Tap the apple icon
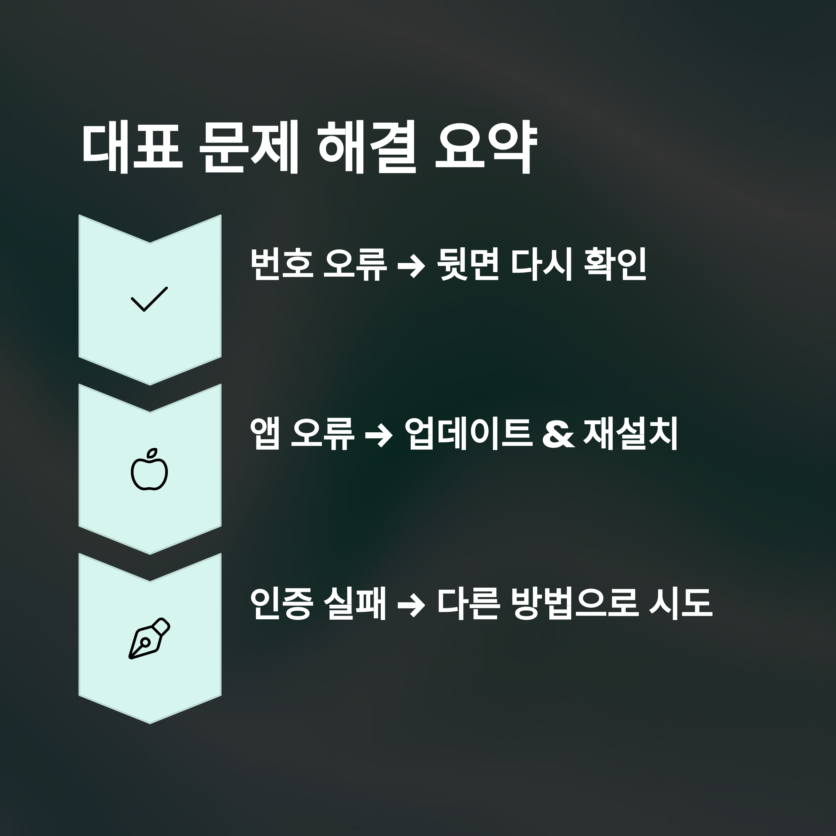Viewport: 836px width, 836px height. tap(149, 470)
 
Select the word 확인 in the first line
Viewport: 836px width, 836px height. tap(615, 264)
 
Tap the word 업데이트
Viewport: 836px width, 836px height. tap(468, 434)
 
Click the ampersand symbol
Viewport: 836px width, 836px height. tap(558, 434)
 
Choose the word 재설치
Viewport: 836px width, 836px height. tap(630, 434)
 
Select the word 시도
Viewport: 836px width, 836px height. tap(680, 603)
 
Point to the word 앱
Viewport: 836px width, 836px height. tap(265, 434)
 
